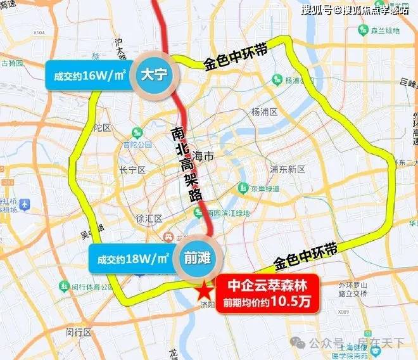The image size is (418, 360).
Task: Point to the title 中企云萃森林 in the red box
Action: (266, 284)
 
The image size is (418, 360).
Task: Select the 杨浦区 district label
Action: (265, 112)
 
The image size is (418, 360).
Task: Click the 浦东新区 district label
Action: (288, 169)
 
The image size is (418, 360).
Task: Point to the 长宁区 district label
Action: (132, 170)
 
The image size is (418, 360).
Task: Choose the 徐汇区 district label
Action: (149, 219)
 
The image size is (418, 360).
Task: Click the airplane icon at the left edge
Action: (25, 205)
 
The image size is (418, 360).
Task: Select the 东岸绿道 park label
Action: (265, 188)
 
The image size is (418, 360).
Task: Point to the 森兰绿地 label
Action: (384, 30)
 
